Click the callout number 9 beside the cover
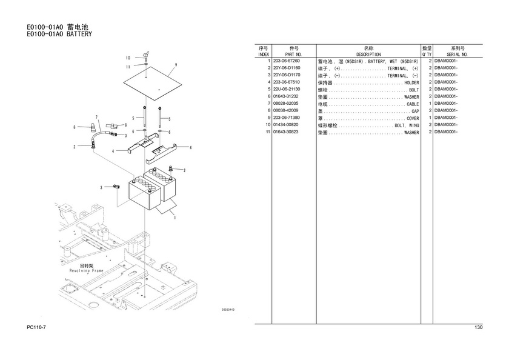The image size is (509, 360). click(x=175, y=64)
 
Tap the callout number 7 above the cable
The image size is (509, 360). click(x=97, y=116)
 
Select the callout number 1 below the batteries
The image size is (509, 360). click(x=175, y=218)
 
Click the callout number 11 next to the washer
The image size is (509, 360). click(x=128, y=67)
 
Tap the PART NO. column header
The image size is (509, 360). click(x=294, y=55)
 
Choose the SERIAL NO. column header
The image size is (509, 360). click(x=457, y=55)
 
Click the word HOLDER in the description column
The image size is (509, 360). click(x=411, y=82)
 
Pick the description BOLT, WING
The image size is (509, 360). click(x=407, y=125)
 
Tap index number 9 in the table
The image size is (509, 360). click(x=268, y=118)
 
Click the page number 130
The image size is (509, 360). click(x=478, y=328)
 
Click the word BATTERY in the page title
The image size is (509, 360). click(x=79, y=35)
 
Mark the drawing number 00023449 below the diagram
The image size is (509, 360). click(x=228, y=310)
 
